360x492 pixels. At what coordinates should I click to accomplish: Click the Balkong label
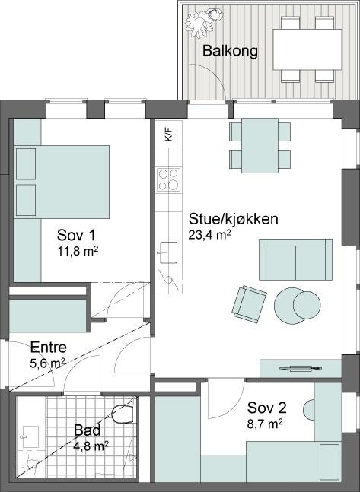pyautogui.click(x=230, y=51)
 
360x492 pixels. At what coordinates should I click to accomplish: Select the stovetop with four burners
pyautogui.click(x=169, y=179)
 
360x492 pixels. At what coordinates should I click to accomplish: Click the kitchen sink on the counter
pyautogui.click(x=168, y=252)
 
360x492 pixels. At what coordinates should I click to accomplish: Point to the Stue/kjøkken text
pyautogui.click(x=233, y=219)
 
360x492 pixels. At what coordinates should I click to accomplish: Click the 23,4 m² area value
pyautogui.click(x=210, y=235)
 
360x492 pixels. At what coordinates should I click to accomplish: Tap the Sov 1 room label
pyautogui.click(x=76, y=235)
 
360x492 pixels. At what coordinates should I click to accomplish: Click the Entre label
pyautogui.click(x=49, y=348)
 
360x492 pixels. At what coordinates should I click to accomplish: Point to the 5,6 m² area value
pyautogui.click(x=47, y=363)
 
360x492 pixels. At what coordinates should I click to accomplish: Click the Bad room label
pyautogui.click(x=87, y=430)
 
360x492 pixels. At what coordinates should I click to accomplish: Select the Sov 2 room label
pyautogui.click(x=266, y=408)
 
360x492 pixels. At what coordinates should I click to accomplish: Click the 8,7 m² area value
pyautogui.click(x=265, y=424)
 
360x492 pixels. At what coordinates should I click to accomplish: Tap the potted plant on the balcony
pyautogui.click(x=204, y=23)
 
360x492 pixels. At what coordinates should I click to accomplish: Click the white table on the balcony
pyautogui.click(x=307, y=49)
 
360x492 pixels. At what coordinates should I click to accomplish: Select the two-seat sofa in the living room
pyautogui.click(x=295, y=259)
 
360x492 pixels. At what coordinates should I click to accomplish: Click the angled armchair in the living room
pyautogui.click(x=249, y=304)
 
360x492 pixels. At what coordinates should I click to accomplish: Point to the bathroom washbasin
pyautogui.click(x=30, y=436)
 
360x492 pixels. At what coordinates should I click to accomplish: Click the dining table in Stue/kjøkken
pyautogui.click(x=260, y=145)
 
